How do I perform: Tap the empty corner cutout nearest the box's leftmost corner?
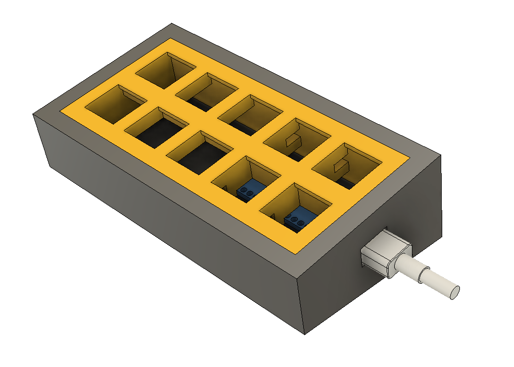(114, 103)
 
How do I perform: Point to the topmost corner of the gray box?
(172, 23)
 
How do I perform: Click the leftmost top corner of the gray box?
(33, 114)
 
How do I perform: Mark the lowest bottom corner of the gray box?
(304, 334)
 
